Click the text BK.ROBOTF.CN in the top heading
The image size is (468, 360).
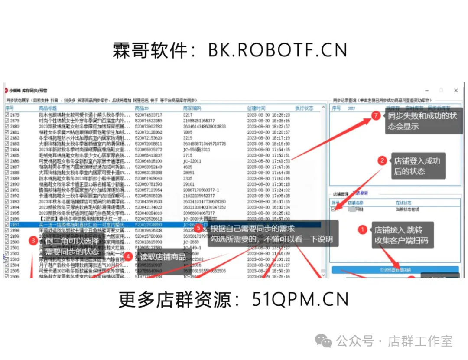[277, 51]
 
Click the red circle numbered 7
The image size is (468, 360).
[376, 116]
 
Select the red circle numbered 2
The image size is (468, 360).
[382, 160]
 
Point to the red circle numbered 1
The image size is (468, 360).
[363, 230]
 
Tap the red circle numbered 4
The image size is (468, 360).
[129, 256]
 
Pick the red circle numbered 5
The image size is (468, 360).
[198, 228]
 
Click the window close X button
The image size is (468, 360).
[456, 91]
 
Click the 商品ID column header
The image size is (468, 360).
[142, 108]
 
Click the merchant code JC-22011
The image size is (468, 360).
[193, 161]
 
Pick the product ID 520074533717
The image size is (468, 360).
[148, 115]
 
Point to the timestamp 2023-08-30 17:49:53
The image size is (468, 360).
[269, 161]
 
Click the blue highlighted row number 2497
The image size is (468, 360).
[15, 225]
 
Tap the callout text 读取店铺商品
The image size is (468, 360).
[163, 257]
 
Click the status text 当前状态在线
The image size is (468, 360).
[407, 209]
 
